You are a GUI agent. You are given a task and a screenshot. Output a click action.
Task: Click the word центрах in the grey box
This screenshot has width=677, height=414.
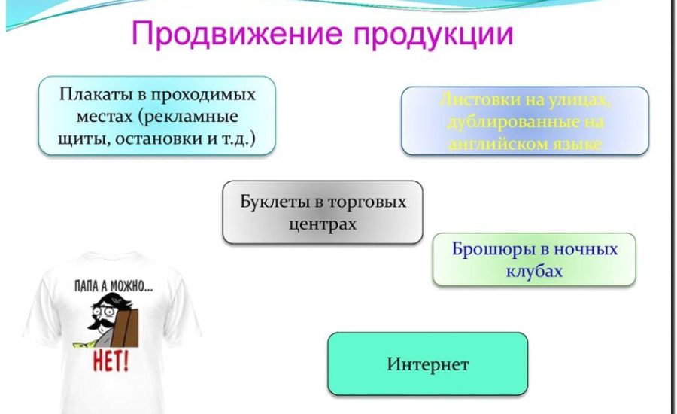[323, 224]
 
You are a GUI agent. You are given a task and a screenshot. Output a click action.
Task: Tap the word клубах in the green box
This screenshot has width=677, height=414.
[534, 271]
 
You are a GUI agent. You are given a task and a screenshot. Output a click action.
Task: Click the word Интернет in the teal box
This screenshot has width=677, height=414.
[428, 365]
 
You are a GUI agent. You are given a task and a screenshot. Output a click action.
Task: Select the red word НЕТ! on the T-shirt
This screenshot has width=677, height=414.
[111, 361]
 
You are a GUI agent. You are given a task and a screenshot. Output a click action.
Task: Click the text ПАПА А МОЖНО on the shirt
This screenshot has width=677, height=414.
[112, 286]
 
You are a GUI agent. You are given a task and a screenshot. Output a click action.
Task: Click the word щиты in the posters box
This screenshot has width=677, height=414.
[77, 139]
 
